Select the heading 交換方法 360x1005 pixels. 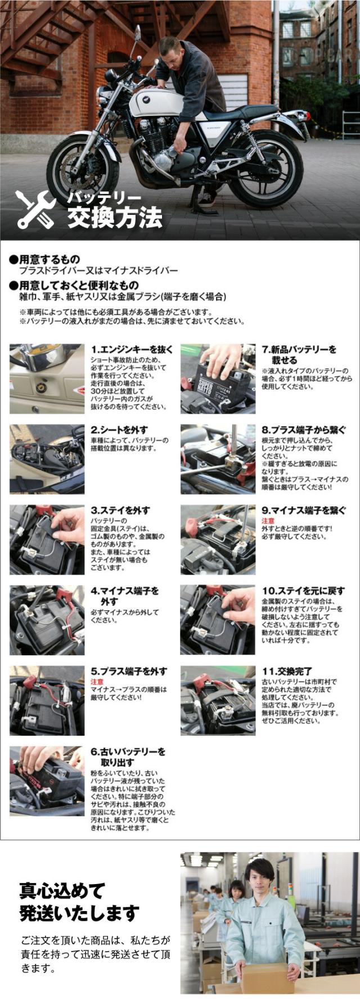115,218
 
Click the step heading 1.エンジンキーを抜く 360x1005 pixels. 132,349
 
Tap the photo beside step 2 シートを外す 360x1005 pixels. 47,459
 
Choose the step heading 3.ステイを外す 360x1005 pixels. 120,510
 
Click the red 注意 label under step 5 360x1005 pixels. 97,682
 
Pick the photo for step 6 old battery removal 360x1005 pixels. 47,781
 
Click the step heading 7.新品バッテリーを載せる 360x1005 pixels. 299,355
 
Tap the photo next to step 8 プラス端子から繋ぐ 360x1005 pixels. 218,459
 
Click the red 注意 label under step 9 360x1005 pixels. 268,521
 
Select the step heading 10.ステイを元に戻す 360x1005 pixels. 303,591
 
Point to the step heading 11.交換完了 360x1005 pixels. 287,671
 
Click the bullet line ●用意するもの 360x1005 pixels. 45,259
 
